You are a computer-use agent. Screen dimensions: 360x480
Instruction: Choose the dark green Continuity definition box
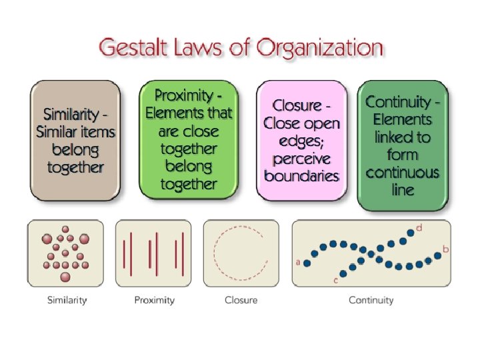click(403, 145)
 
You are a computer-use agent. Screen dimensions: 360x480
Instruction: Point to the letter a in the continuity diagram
click(298, 263)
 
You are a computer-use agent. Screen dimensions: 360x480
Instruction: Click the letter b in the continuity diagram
click(445, 249)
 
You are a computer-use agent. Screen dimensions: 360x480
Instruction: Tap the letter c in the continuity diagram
click(335, 281)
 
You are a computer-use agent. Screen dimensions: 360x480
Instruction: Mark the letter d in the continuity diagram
click(419, 228)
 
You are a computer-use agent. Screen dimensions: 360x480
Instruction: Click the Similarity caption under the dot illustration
click(67, 300)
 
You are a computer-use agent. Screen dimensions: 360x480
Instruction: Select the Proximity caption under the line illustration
click(154, 300)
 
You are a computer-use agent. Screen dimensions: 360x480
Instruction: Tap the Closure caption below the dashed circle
click(241, 300)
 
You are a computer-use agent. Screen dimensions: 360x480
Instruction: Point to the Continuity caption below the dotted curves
click(371, 300)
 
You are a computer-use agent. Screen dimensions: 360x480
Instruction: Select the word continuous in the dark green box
click(403, 173)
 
